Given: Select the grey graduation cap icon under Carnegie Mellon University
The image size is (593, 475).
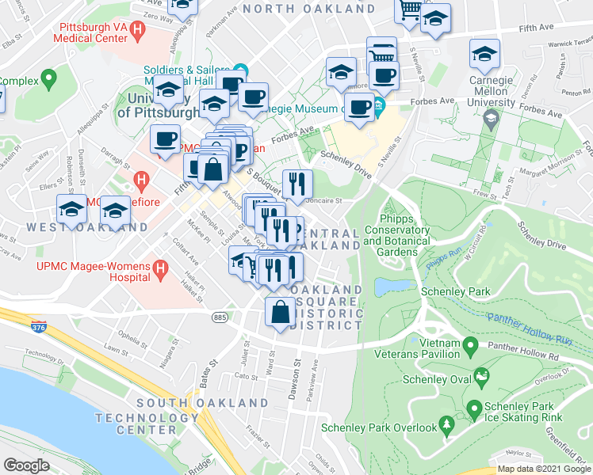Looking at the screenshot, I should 492,120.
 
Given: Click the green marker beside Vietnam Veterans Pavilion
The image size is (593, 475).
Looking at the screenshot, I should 470,345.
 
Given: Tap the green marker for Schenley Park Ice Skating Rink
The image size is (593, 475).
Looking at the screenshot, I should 474,409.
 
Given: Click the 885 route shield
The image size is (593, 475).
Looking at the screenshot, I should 220,317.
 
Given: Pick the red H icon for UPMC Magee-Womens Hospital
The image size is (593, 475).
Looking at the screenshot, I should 161,271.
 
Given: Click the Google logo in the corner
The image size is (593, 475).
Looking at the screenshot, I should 27,465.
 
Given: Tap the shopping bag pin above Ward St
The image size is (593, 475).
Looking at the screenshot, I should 281,312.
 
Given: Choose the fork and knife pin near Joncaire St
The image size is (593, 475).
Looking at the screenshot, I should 297,184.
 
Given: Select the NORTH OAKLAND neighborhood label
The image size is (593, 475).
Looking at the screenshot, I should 308,8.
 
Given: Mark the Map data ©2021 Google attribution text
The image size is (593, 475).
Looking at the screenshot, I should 543,469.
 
